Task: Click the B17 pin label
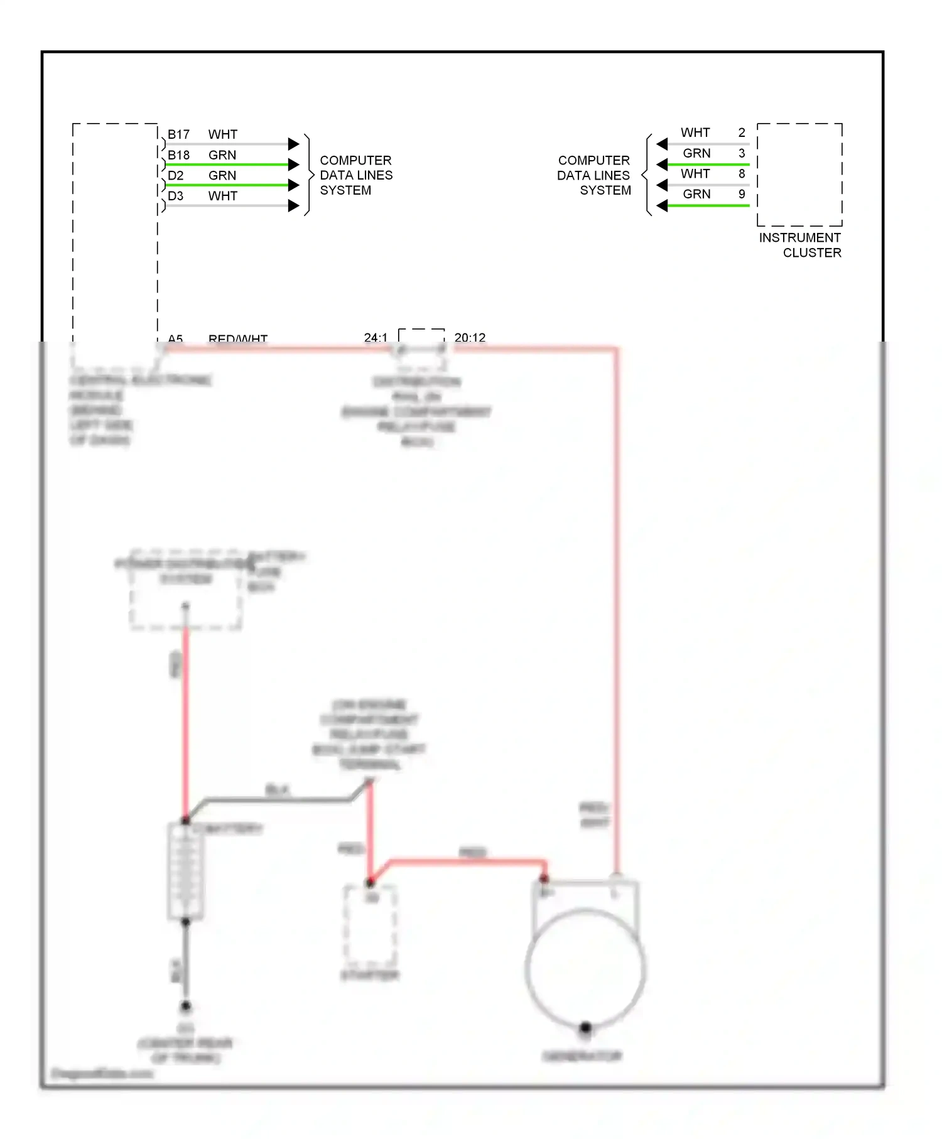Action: coord(178,134)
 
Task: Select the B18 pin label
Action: coord(178,155)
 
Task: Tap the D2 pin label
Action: coord(175,176)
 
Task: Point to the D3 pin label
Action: coord(175,196)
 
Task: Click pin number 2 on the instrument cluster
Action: coord(742,132)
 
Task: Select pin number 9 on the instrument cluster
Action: coord(742,194)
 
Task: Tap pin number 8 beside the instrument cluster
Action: coord(742,173)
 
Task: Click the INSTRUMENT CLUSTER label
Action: coord(800,245)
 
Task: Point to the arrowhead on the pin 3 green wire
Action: coord(662,165)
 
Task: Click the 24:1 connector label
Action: coord(376,338)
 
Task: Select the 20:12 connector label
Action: coord(470,338)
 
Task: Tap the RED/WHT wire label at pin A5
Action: coord(237,339)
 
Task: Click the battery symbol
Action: coord(185,871)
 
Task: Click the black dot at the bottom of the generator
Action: coord(585,1028)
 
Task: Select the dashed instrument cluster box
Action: coord(799,175)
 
